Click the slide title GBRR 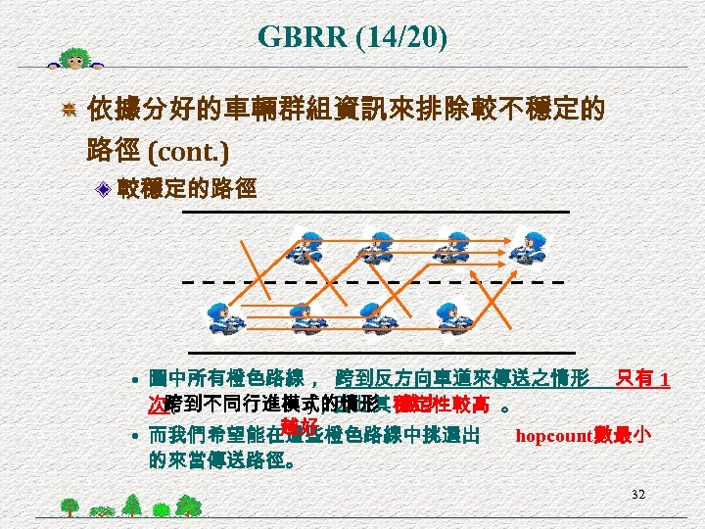(x=301, y=37)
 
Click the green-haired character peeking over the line (x=76, y=59)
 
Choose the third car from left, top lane (x=453, y=246)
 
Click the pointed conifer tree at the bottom (x=130, y=504)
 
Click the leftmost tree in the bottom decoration (x=70, y=506)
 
